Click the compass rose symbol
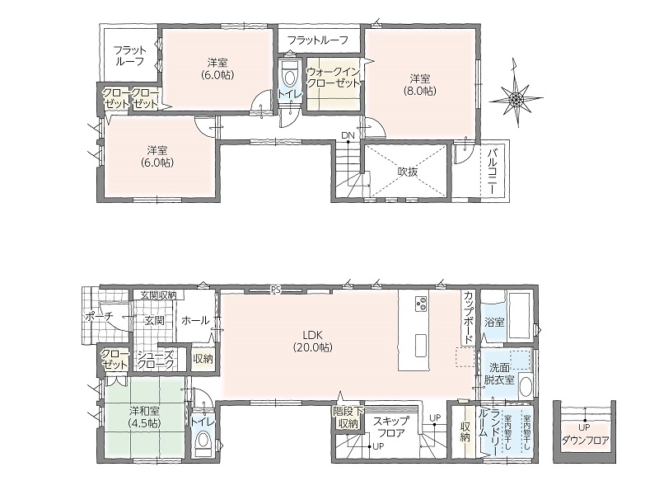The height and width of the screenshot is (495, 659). (516, 98)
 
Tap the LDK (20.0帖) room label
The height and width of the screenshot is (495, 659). (312, 341)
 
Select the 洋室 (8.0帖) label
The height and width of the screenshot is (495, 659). (420, 84)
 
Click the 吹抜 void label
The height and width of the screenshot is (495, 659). (408, 172)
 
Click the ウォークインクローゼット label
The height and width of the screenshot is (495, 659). (334, 77)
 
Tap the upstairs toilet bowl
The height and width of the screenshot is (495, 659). (289, 78)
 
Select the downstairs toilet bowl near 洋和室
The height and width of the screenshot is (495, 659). (203, 441)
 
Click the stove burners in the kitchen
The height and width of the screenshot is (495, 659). (421, 304)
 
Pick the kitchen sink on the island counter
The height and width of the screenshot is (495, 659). (421, 345)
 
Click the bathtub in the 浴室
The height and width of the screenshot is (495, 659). (520, 316)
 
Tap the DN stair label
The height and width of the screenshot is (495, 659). (348, 135)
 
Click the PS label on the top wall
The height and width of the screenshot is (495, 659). (275, 290)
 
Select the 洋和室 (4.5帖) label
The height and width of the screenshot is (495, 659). (144, 417)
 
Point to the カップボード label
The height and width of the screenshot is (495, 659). (468, 318)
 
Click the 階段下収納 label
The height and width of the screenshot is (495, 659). (348, 417)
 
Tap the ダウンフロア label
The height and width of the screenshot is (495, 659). (585, 441)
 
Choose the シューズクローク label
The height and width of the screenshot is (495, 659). (156, 361)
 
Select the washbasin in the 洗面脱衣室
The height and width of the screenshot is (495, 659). (526, 387)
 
